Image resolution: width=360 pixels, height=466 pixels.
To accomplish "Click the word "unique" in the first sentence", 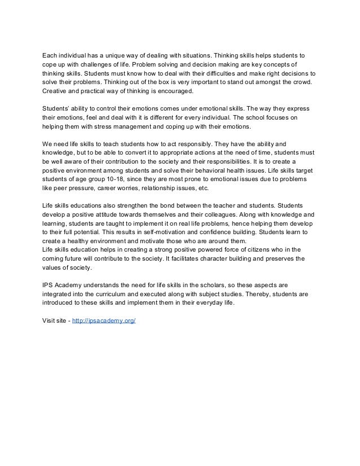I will [102, 56].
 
